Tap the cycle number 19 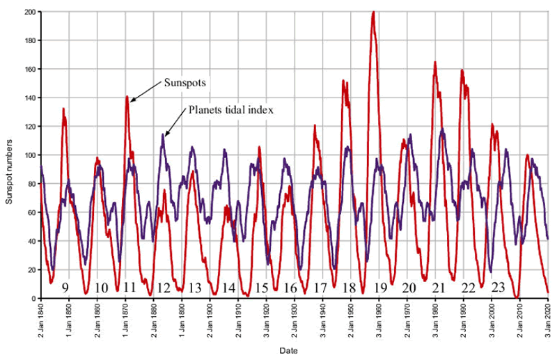pos(380,287)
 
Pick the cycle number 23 pos(498,287)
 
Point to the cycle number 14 pos(229,287)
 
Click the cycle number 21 pos(439,287)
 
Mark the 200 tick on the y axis pos(30,13)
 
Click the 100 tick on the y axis pos(30,155)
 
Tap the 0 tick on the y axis pos(34,299)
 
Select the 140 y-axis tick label pos(30,98)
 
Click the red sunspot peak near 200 pos(374,13)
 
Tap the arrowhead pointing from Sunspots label pos(131,102)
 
